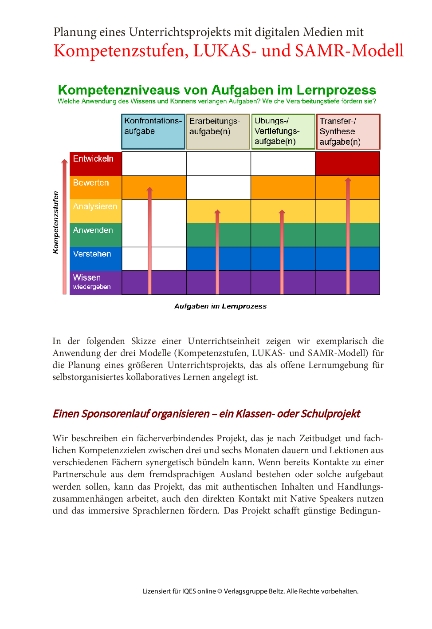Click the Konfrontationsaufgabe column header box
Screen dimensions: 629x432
point(153,131)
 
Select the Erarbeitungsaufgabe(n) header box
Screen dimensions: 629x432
point(218,132)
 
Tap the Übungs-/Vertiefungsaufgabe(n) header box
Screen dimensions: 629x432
point(283,131)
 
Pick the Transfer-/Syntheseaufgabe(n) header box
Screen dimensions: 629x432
point(348,132)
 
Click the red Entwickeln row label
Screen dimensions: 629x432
point(95,163)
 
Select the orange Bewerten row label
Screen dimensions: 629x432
point(95,187)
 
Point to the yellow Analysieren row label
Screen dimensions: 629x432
point(95,211)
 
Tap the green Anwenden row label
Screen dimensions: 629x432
point(95,235)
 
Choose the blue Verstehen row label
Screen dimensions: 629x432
point(95,258)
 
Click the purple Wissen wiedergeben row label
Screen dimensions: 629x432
point(95,282)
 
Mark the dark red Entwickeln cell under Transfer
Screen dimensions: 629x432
point(347,163)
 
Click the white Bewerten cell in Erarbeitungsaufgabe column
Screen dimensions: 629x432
point(218,187)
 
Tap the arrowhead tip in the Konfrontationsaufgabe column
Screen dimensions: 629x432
point(150,189)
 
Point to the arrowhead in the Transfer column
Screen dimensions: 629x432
point(348,180)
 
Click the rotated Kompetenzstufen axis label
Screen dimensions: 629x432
point(56,222)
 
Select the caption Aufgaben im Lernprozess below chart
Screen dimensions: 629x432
point(220,306)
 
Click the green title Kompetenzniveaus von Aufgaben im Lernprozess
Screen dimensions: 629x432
point(217,90)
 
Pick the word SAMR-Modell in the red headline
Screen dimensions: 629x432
point(349,51)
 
